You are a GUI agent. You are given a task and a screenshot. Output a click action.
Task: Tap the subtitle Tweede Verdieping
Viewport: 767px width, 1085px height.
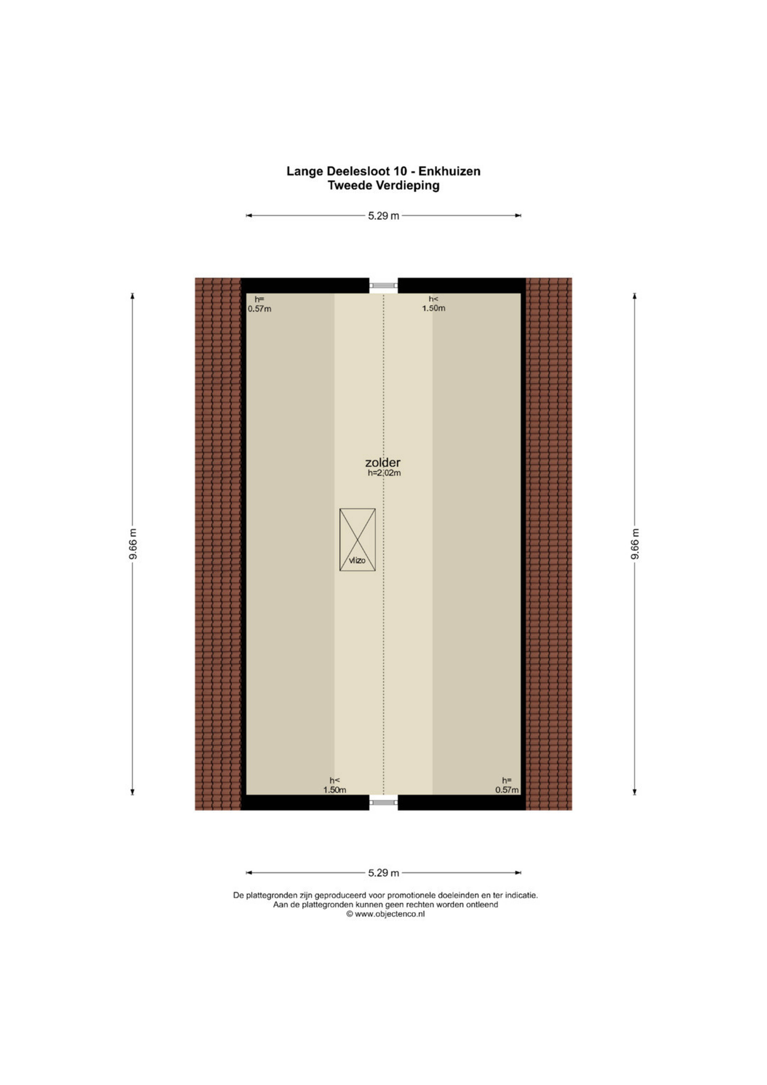click(x=383, y=186)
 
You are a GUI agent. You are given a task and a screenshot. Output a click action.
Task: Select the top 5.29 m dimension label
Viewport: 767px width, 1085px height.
click(x=383, y=216)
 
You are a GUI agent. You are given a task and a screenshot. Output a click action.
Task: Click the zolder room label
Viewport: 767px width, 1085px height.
click(x=383, y=462)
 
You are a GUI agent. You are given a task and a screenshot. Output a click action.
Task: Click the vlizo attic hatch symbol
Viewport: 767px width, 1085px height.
click(x=358, y=540)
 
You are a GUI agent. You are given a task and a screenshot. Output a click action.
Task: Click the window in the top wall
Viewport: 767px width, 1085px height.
click(x=383, y=285)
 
